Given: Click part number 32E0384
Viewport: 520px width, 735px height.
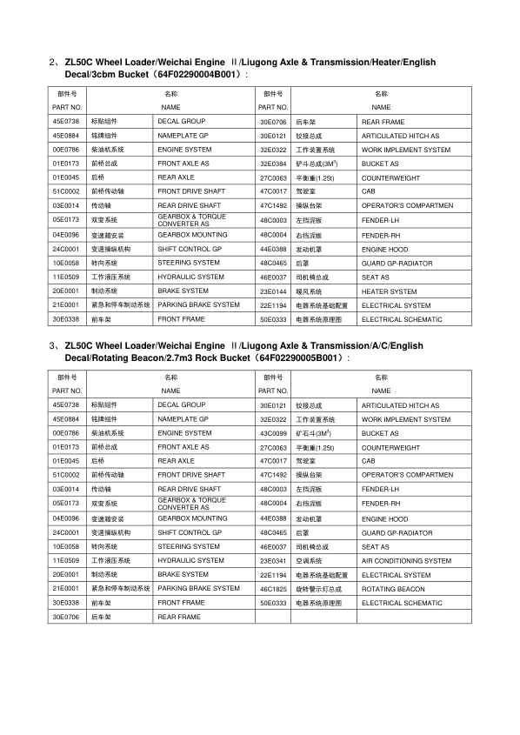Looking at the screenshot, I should [x=273, y=164].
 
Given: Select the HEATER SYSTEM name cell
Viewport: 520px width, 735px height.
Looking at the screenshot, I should [x=389, y=291].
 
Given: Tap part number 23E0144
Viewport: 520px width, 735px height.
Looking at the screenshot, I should [x=273, y=291].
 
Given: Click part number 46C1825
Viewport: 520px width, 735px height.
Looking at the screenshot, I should [x=273, y=589].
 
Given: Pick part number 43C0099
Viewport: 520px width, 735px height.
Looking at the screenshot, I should [x=273, y=433].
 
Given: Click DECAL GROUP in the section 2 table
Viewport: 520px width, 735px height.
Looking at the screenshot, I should [x=181, y=122].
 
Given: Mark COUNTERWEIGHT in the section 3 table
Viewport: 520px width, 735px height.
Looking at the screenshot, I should [x=390, y=447].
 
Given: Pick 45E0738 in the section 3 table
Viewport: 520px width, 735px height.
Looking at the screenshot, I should [x=66, y=405].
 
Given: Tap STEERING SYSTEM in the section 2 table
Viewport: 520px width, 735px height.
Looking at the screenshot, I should [x=189, y=263].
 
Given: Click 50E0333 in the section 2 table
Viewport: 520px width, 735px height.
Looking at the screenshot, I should [x=273, y=319].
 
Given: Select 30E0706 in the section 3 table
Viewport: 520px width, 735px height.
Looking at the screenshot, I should [x=66, y=617].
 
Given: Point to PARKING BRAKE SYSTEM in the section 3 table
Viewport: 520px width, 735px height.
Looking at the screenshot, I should [x=198, y=589].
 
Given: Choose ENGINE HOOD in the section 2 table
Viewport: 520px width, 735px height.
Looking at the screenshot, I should [x=384, y=249].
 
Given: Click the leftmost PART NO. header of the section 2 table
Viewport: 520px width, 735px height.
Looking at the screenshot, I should [x=66, y=107].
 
